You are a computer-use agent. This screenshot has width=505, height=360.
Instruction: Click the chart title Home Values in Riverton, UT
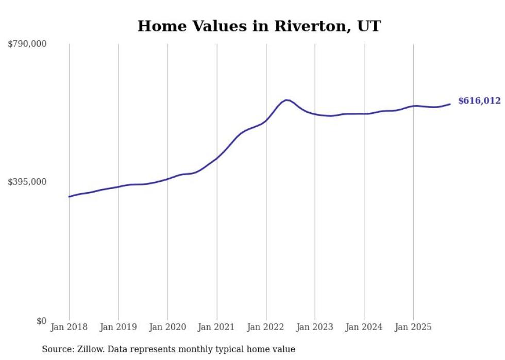(x=259, y=26)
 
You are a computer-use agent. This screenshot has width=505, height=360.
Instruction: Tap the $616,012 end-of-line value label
(x=479, y=101)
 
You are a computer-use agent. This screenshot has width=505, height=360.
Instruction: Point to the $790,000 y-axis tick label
(x=27, y=44)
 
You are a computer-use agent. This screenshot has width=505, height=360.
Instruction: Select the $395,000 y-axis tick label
(x=27, y=182)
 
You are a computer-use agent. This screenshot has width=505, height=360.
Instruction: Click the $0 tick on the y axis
(x=41, y=321)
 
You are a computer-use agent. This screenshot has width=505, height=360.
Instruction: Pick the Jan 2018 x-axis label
(x=69, y=327)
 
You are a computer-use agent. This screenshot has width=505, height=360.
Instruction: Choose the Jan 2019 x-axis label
(x=119, y=327)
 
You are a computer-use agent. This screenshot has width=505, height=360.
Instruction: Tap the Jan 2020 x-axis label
(x=167, y=327)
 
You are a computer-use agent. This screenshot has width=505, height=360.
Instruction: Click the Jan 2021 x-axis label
(x=216, y=327)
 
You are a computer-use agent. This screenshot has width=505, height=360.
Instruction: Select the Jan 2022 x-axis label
(x=266, y=327)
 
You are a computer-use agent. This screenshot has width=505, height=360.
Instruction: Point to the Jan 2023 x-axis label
(x=315, y=327)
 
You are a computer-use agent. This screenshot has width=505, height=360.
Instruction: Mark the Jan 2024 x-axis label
(x=364, y=327)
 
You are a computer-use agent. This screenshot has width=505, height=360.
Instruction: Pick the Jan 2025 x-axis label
(x=413, y=327)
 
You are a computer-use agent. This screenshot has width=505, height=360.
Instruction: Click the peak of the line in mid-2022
(x=287, y=100)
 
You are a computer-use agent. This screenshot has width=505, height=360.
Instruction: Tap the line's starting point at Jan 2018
(x=69, y=197)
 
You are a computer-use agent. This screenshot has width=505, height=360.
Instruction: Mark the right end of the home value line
(x=450, y=104)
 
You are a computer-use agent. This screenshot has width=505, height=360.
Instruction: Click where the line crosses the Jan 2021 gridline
(x=216, y=158)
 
